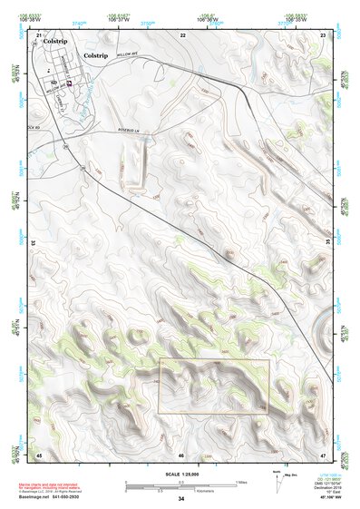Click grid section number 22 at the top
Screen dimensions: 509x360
point(182,34)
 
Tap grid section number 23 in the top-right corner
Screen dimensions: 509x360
point(324,34)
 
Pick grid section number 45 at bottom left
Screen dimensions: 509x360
point(39,454)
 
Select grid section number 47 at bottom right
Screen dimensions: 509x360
point(324,454)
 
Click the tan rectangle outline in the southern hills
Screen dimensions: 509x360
point(214,387)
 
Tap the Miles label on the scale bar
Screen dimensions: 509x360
point(239,482)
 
